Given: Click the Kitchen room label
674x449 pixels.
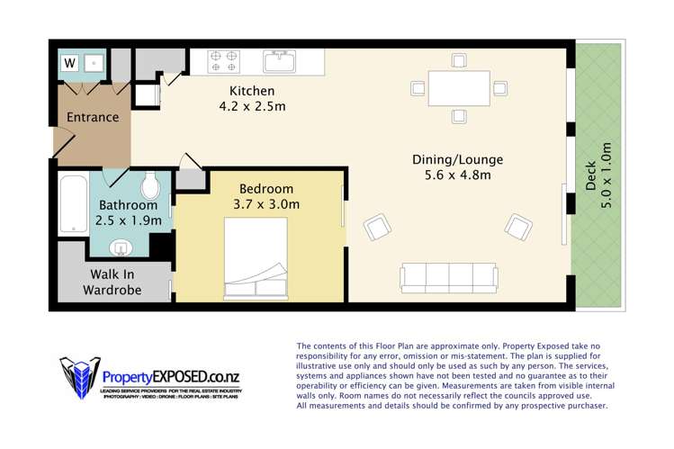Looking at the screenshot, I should [x=252, y=91].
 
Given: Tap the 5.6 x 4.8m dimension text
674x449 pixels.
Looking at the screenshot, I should [x=457, y=175].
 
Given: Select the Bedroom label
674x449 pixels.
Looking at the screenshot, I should [x=265, y=189].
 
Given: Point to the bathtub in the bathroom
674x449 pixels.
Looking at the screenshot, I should [x=73, y=204].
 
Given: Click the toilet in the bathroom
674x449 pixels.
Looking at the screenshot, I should [x=150, y=186].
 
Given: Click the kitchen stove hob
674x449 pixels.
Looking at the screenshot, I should [x=224, y=60].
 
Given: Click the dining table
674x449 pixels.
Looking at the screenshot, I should [x=458, y=88].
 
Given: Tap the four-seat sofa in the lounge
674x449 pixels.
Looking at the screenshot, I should [x=449, y=277].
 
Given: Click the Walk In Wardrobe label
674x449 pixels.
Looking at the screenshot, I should [x=112, y=282].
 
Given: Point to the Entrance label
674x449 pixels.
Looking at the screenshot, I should [x=93, y=117].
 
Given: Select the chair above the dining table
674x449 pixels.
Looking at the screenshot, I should [x=459, y=60].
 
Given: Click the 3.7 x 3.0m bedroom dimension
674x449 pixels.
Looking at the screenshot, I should [x=265, y=204].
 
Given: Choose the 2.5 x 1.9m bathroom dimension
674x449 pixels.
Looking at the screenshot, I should [x=129, y=220].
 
